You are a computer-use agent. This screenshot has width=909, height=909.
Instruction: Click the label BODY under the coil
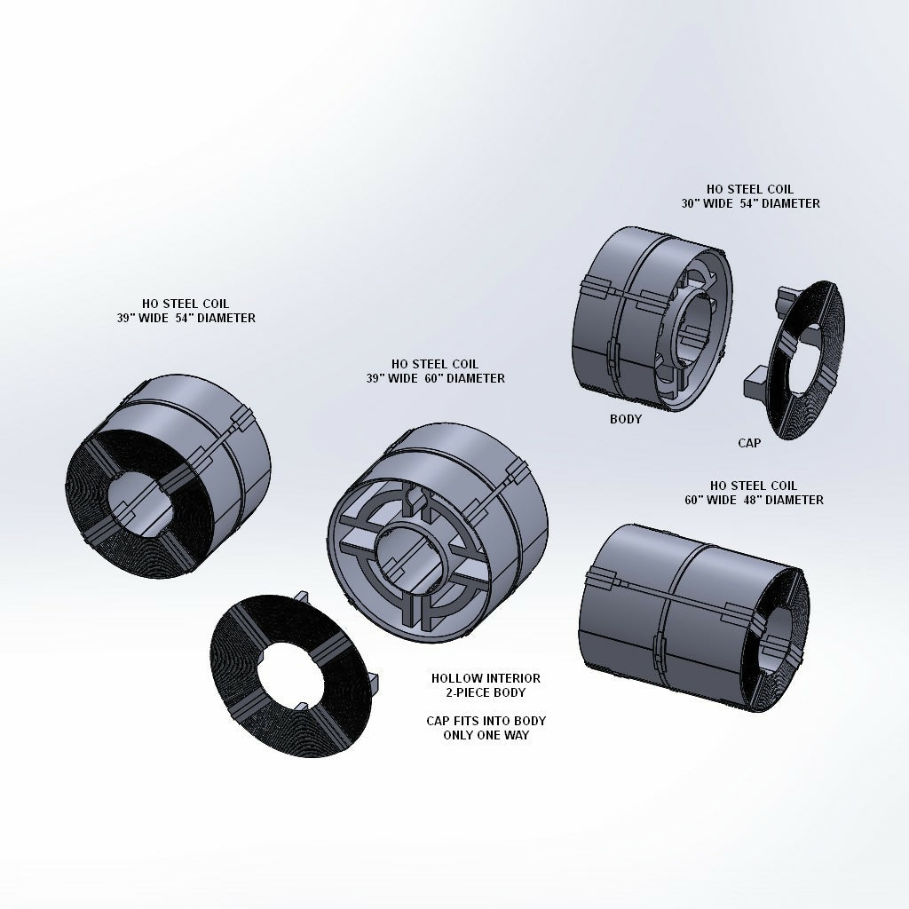(x=625, y=419)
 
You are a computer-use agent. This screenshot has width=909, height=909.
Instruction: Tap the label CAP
(x=749, y=442)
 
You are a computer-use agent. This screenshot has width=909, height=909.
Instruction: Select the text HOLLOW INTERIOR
(x=486, y=678)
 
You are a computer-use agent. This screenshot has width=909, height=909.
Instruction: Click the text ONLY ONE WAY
(x=486, y=735)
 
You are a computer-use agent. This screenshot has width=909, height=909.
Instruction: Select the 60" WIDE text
(x=707, y=500)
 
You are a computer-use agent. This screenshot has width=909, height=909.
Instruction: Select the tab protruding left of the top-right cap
(x=755, y=383)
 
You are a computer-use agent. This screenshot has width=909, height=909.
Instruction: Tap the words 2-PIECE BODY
(x=486, y=692)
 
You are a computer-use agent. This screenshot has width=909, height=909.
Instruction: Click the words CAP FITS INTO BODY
(x=486, y=721)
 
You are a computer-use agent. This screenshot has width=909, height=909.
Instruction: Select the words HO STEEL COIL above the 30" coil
(x=750, y=189)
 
